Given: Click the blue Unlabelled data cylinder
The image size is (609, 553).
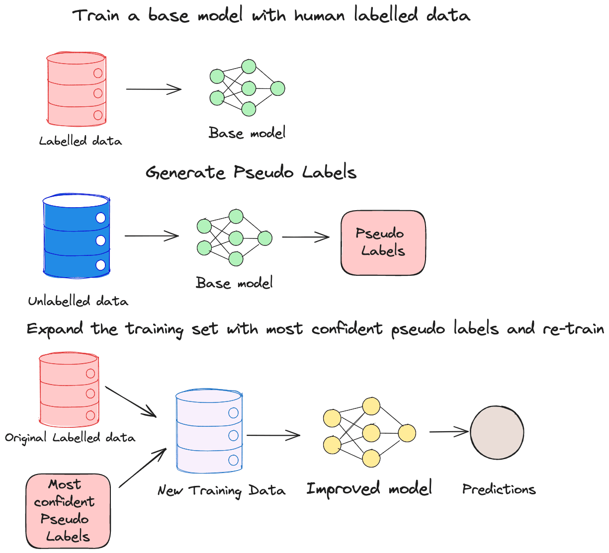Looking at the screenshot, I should coord(76,237).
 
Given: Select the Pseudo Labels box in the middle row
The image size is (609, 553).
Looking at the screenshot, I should coord(383,243).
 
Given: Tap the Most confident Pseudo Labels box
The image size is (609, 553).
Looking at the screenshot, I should coord(68,511).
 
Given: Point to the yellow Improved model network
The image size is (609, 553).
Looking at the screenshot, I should coord(369,432).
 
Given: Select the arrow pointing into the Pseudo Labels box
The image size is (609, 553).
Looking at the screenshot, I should coord(305,237).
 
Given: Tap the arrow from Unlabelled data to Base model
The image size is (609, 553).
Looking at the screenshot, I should coord(151,236).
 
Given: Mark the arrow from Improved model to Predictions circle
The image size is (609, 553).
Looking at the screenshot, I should coord(449,432).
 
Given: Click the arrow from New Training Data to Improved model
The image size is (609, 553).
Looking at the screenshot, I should coord(273,435).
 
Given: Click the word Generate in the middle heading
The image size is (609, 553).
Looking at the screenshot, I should coord(185,173).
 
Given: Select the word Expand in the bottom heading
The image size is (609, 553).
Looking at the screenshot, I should coord(55,329).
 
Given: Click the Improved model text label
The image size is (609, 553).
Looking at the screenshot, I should coord(369,489).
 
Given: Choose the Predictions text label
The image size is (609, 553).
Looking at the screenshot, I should coord(499,489).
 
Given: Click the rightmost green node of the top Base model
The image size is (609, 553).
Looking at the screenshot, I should coord(277,89).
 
